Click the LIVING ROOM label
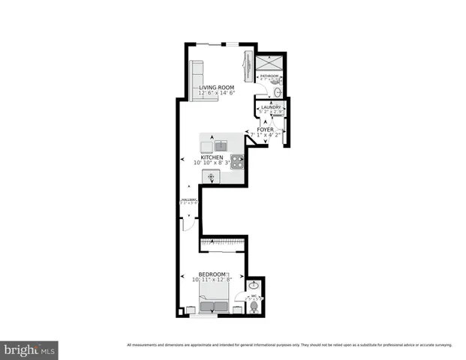[217, 88]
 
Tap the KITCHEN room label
[212, 157]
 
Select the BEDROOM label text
[212, 274]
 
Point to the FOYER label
[265, 130]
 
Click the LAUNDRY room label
[270, 107]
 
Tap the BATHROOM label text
[269, 76]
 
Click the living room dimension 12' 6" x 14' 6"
[217, 94]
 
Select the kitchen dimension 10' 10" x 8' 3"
[213, 163]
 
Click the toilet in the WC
[254, 307]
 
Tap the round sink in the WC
[254, 286]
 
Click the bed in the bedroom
[214, 304]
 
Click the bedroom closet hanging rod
[222, 242]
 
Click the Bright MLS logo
[30, 349]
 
